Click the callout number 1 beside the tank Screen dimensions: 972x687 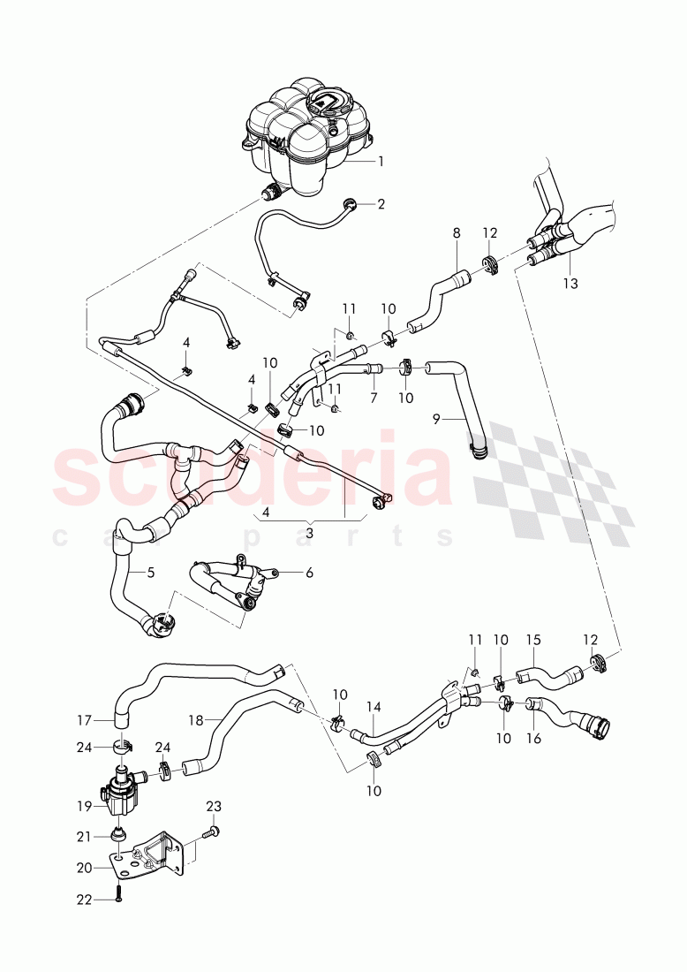pyautogui.click(x=381, y=162)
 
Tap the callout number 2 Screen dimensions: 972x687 pyautogui.click(x=381, y=204)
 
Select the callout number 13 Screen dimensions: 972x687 pyautogui.click(x=570, y=283)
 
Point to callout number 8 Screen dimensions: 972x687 pyautogui.click(x=457, y=234)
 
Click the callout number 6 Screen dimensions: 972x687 pyautogui.click(x=309, y=573)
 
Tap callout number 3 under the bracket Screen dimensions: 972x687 pyautogui.click(x=309, y=533)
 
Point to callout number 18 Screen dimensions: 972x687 pyautogui.click(x=196, y=721)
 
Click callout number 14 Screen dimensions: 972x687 pyautogui.click(x=374, y=707)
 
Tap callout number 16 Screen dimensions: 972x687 pyautogui.click(x=534, y=737)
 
